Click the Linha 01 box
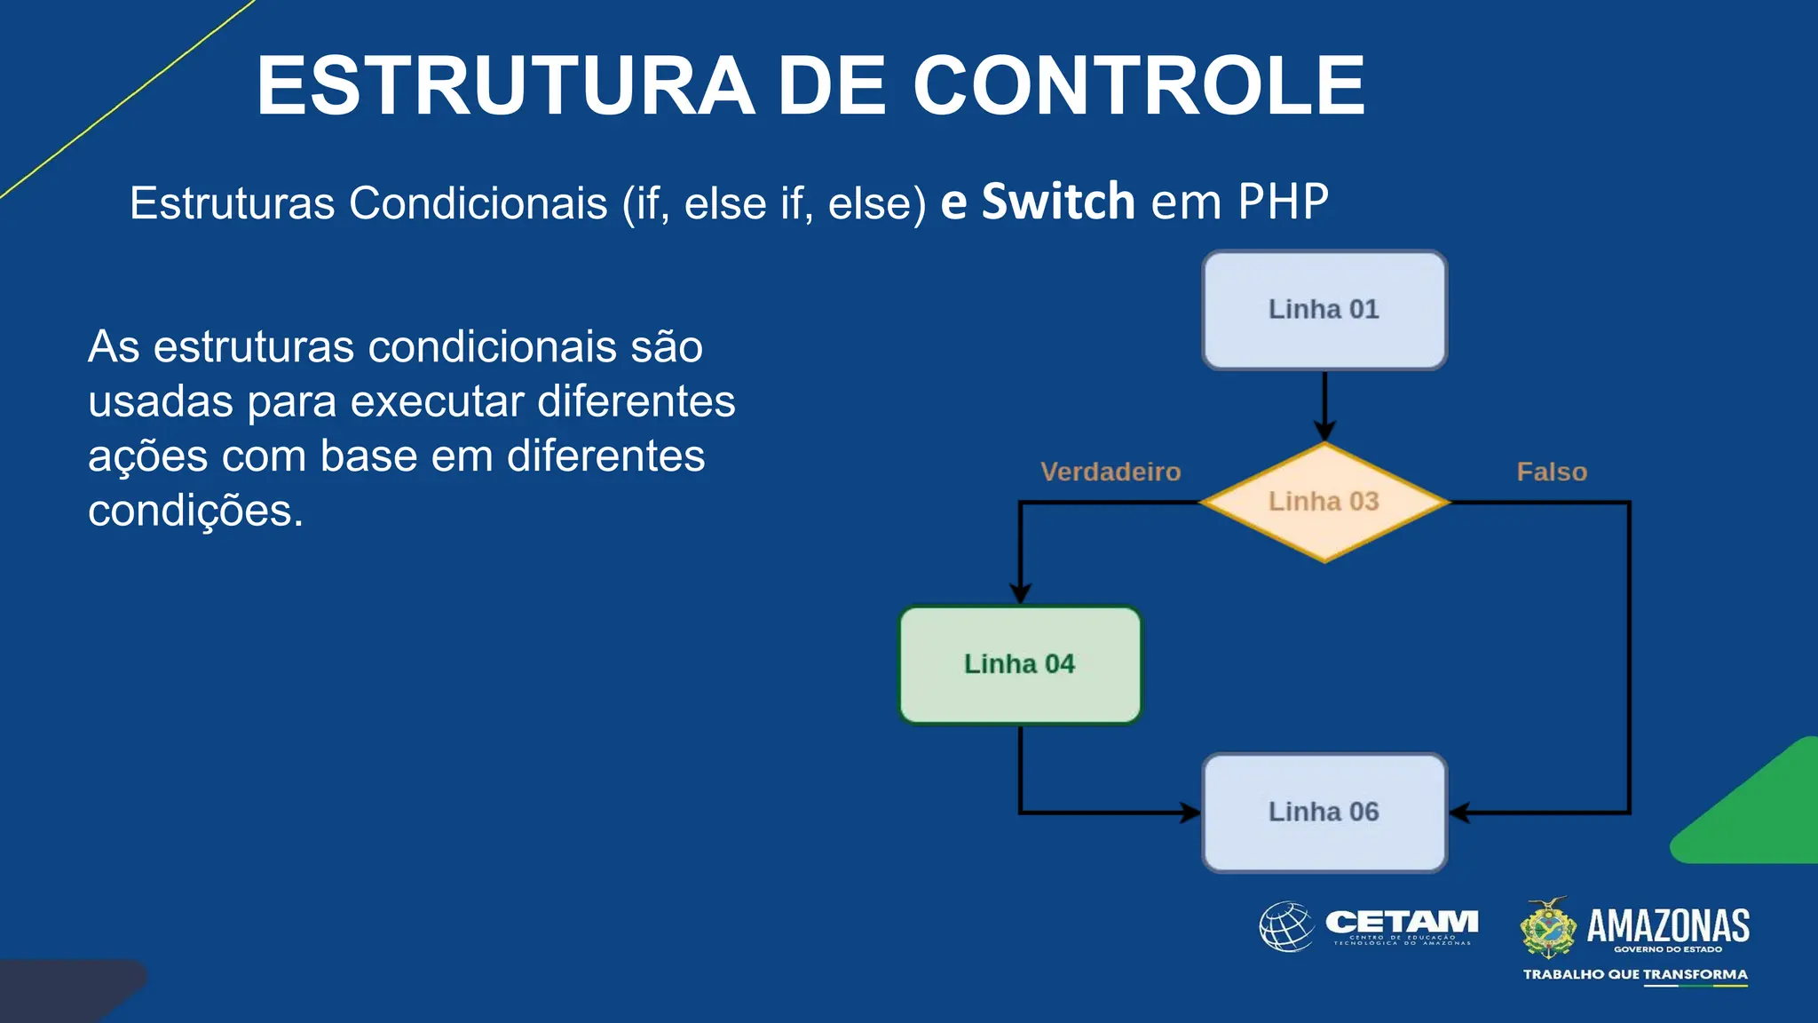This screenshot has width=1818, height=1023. click(x=1324, y=310)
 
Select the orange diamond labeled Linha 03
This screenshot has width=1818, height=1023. click(x=1324, y=502)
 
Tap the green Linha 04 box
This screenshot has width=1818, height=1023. click(x=1019, y=664)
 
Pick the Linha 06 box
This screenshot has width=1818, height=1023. click(x=1324, y=812)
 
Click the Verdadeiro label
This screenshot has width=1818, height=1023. click(x=1110, y=472)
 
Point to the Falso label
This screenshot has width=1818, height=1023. click(x=1551, y=472)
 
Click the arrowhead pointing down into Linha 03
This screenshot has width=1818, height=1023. click(x=1324, y=432)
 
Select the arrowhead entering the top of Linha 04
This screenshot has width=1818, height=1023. click(x=1020, y=593)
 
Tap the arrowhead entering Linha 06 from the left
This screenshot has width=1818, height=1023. click(x=1190, y=812)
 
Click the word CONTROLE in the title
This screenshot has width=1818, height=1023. click(x=1138, y=86)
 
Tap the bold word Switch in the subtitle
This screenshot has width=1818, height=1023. click(x=1057, y=202)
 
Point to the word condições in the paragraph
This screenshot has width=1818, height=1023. click(x=195, y=511)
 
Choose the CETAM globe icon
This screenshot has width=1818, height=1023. click(x=1285, y=927)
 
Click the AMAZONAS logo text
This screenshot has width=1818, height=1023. click(x=1667, y=926)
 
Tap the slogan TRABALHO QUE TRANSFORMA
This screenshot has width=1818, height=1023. click(x=1634, y=974)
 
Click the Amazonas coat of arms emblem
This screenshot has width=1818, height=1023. click(x=1548, y=928)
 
